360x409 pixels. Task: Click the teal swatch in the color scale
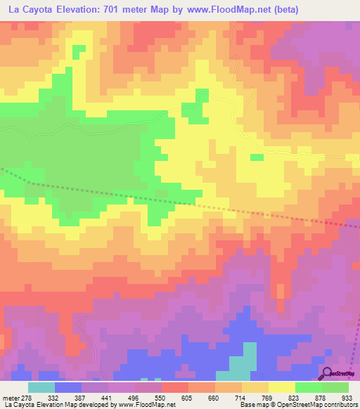(41, 387)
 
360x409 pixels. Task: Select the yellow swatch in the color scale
(282, 387)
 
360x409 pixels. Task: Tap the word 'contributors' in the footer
(339, 404)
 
